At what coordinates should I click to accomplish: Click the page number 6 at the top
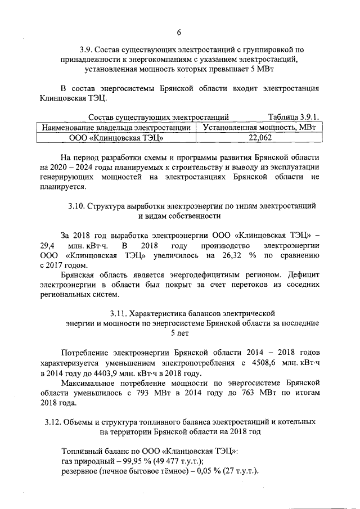click(179, 31)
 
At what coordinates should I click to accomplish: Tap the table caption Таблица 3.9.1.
click(294, 117)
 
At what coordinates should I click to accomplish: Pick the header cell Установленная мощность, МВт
click(259, 127)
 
